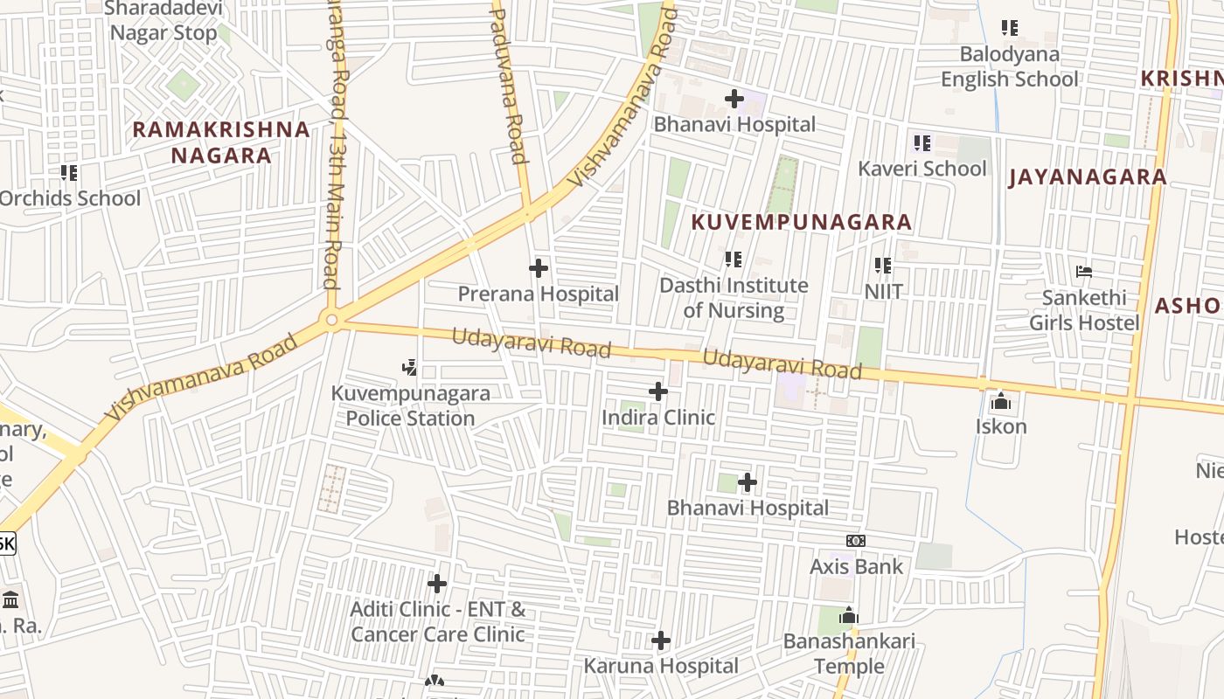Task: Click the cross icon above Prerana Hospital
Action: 539,268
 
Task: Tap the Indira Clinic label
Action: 657,418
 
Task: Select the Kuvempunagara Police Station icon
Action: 409,367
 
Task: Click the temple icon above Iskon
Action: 1000,402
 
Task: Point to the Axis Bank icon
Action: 856,542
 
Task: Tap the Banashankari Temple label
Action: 849,654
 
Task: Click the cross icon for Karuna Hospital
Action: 661,641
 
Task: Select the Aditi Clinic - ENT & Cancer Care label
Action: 438,621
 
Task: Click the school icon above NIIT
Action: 883,265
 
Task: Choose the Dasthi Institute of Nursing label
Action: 734,298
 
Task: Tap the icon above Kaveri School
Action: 921,142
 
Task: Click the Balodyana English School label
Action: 1010,66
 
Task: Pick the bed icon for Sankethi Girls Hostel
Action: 1084,272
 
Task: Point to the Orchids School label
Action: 70,198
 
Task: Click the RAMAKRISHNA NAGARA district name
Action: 221,143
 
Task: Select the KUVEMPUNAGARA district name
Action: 802,222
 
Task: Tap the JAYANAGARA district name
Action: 1088,177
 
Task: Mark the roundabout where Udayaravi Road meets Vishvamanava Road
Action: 331,321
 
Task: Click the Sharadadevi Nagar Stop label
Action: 163,21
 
